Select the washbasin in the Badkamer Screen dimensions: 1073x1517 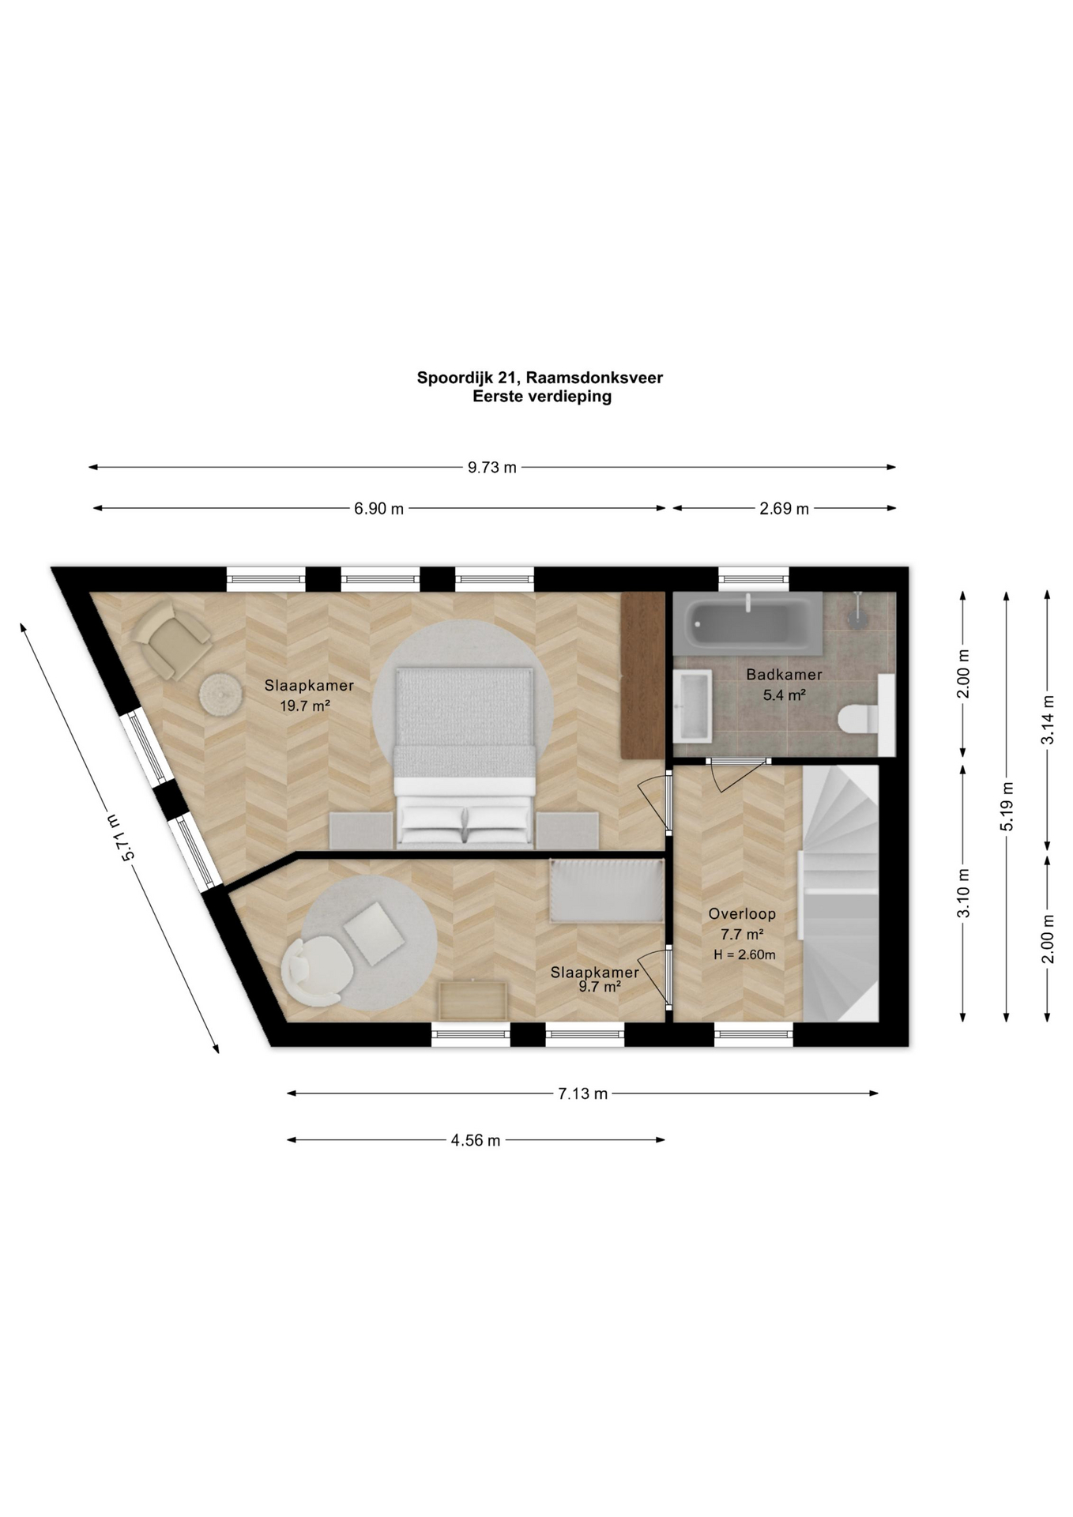coord(693,706)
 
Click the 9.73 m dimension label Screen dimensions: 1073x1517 coord(491,467)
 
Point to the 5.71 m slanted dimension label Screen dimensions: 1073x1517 coord(119,837)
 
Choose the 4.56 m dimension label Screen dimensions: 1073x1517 coord(476,1140)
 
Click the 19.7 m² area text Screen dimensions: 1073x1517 coord(305,706)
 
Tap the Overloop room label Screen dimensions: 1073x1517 coord(742,913)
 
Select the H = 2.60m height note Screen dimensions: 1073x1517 coord(744,954)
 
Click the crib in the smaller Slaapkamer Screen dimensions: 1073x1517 coord(607,891)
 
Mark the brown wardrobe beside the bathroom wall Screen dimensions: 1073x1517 coord(642,674)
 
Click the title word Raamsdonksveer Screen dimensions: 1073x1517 coord(600,378)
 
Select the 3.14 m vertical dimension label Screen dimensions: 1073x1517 coord(1047,719)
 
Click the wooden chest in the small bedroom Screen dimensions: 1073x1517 coord(473,1000)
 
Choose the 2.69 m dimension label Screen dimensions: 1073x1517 coord(784,509)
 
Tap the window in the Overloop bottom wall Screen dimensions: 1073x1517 coord(753,1034)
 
